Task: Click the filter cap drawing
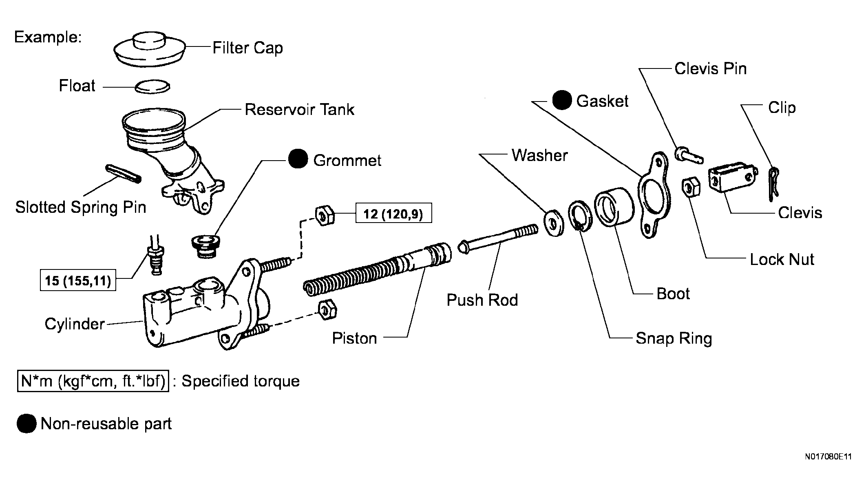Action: pyautogui.click(x=149, y=49)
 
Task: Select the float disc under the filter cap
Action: pyautogui.click(x=152, y=86)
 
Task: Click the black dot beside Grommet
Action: pyautogui.click(x=298, y=159)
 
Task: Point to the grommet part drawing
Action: pyautogui.click(x=205, y=246)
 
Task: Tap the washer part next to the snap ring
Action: pyautogui.click(x=554, y=223)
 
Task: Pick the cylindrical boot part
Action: pyautogui.click(x=614, y=207)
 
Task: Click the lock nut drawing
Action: pyautogui.click(x=691, y=187)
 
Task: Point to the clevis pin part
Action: pyautogui.click(x=689, y=155)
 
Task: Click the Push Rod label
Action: pyautogui.click(x=482, y=300)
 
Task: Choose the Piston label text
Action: pyautogui.click(x=354, y=338)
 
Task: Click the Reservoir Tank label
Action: pyautogui.click(x=300, y=109)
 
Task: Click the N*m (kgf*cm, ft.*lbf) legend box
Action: pyautogui.click(x=93, y=381)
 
